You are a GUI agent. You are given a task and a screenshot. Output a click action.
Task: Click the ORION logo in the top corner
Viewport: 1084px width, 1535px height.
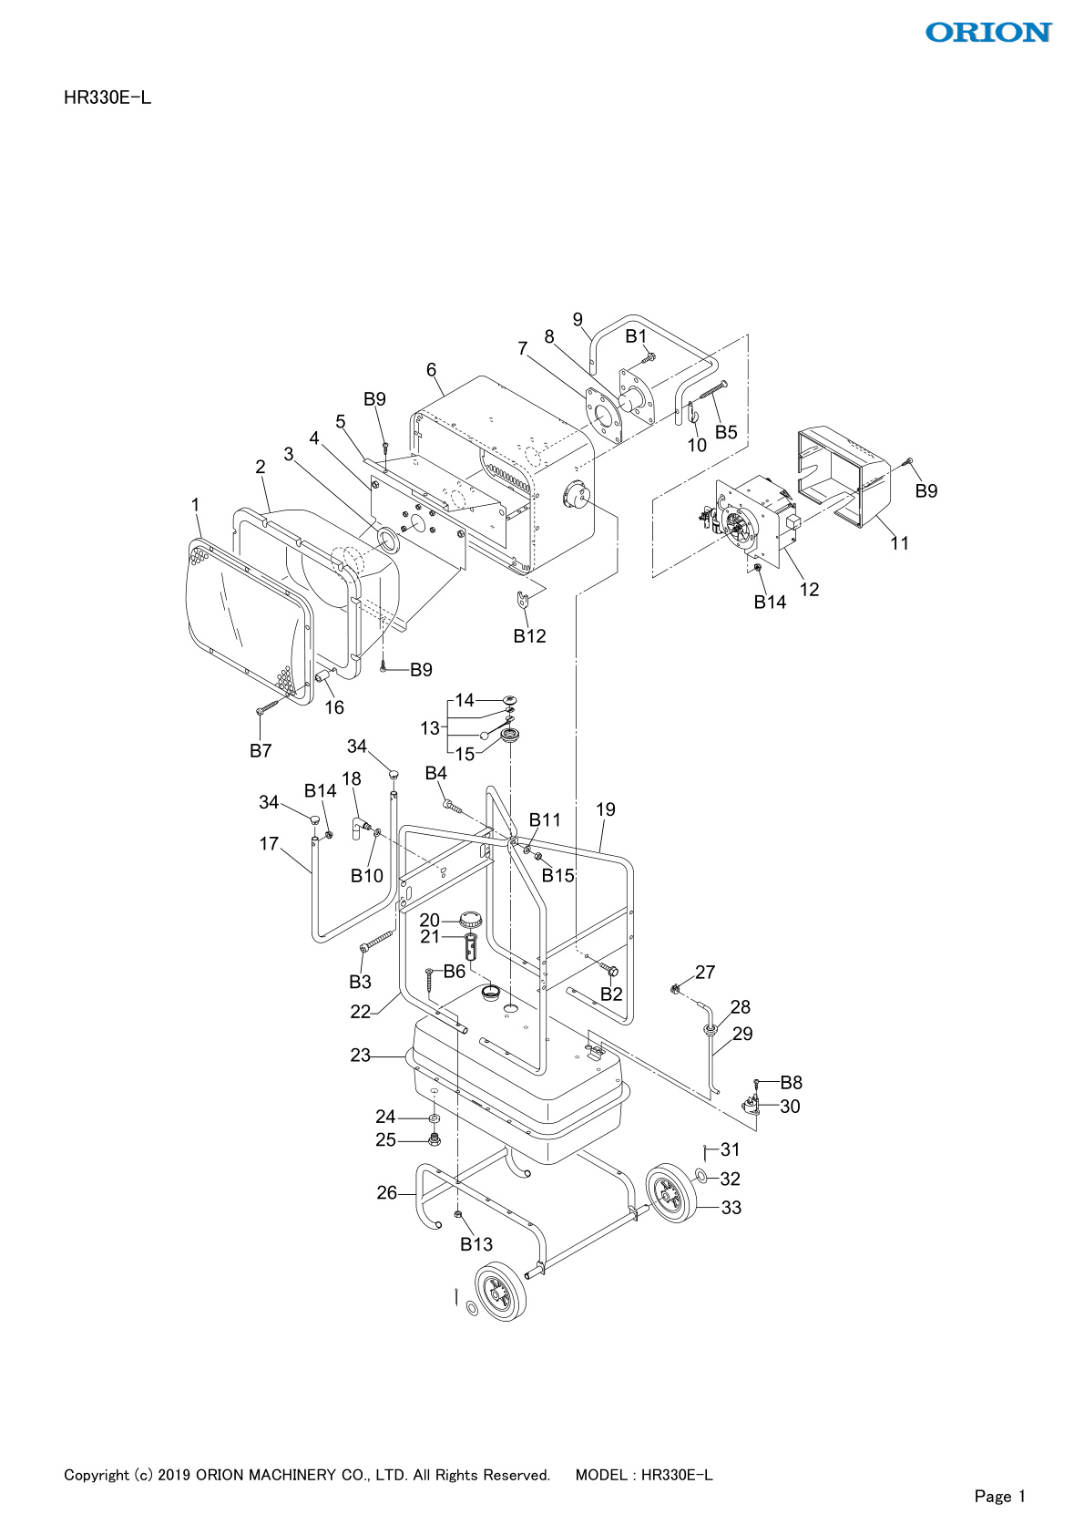click(988, 32)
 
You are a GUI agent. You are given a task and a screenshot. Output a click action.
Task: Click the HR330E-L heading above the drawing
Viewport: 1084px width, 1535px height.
click(107, 98)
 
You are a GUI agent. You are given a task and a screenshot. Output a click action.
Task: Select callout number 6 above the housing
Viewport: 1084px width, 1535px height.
click(431, 370)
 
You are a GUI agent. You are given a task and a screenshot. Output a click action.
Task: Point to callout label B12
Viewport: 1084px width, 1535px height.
click(529, 636)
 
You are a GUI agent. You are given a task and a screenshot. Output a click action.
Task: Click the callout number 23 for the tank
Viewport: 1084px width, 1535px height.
click(360, 1056)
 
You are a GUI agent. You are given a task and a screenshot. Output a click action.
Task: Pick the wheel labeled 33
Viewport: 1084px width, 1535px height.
click(671, 1193)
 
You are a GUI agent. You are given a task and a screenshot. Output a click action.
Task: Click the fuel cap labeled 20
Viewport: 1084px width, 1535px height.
click(470, 918)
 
